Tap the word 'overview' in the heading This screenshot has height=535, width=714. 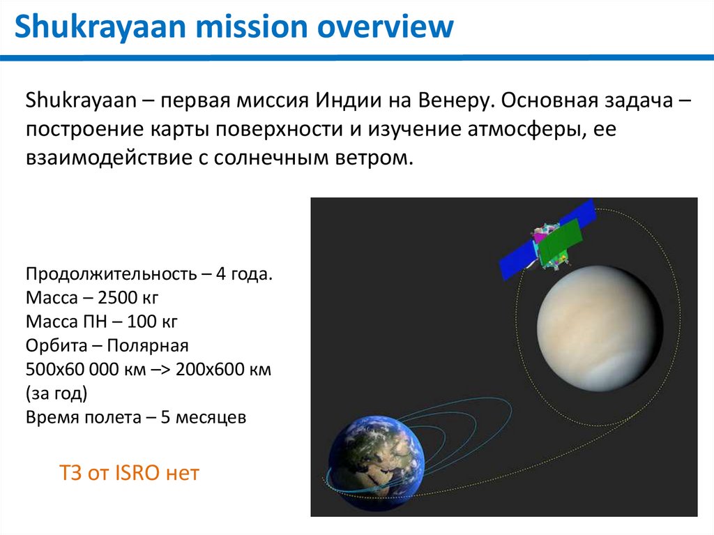tap(385, 26)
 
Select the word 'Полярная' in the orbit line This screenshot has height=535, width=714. tap(148, 346)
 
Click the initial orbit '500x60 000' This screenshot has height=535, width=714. tap(72, 369)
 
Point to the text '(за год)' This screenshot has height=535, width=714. tap(56, 393)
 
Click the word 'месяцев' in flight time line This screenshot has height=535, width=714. tap(211, 417)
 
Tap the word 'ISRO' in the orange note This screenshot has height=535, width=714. tap(137, 473)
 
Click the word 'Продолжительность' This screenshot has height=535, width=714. tap(111, 274)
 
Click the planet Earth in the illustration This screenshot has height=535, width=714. tap(376, 462)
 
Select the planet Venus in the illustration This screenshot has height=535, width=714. tap(600, 329)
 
